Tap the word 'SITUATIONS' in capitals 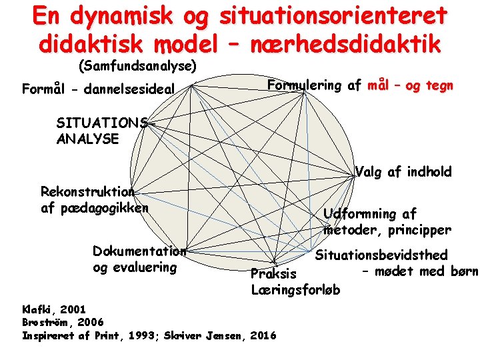[x=102, y=123]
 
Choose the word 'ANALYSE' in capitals [x=87, y=139]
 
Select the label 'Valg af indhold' [x=403, y=172]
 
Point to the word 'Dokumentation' [x=139, y=251]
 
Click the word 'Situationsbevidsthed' [x=381, y=255]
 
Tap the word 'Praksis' [x=273, y=274]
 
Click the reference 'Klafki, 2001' [x=53, y=309]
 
